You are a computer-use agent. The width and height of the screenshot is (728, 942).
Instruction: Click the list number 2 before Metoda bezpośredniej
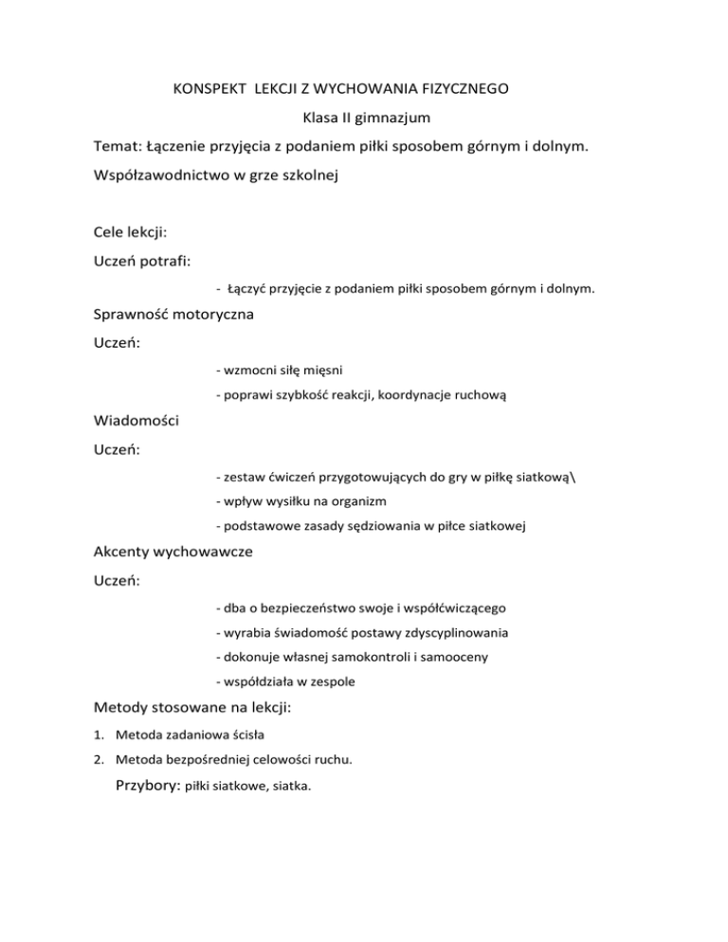click(x=100, y=759)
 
